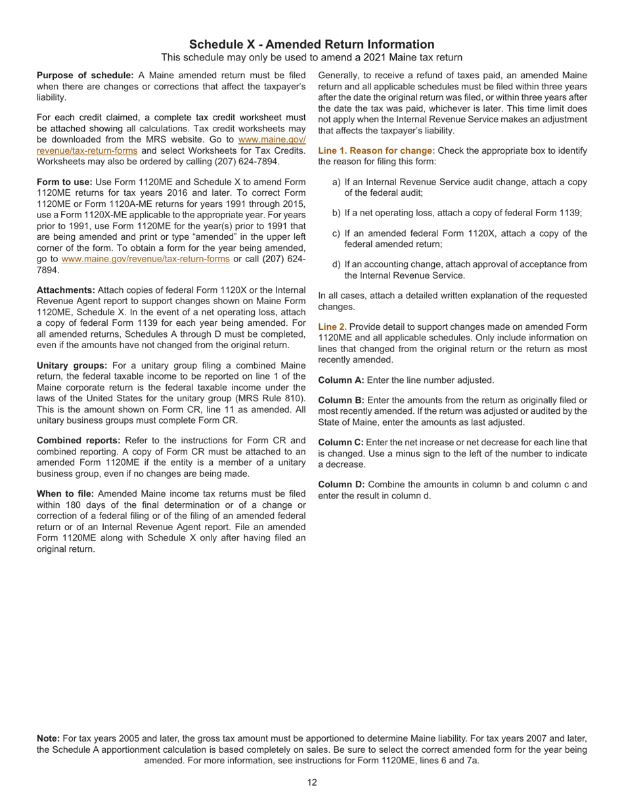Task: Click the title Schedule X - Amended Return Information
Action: pyautogui.click(x=311, y=45)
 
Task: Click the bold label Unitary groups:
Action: pyautogui.click(x=72, y=365)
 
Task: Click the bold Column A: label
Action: pyautogui.click(x=341, y=380)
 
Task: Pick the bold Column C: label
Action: pyautogui.click(x=341, y=443)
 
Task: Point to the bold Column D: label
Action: pyautogui.click(x=341, y=485)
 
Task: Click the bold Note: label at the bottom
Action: pyautogui.click(x=48, y=738)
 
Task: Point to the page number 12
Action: pyautogui.click(x=312, y=782)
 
